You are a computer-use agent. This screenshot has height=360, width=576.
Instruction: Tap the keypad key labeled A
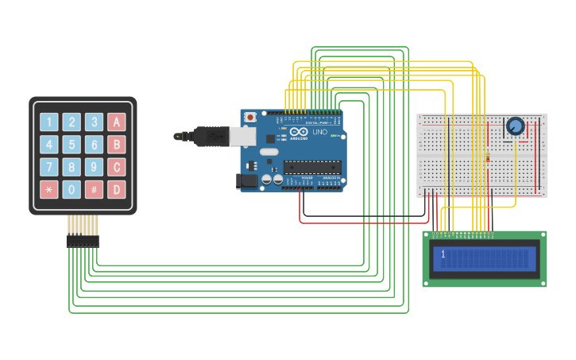tap(117, 122)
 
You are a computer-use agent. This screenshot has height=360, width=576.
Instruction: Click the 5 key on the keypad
tap(72, 145)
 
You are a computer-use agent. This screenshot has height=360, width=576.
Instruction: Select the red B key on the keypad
tap(117, 145)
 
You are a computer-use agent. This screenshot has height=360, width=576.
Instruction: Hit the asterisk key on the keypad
tap(49, 190)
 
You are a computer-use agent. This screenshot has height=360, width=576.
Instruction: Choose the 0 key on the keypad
tap(72, 190)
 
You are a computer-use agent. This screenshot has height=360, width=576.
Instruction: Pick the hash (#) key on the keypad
tap(94, 190)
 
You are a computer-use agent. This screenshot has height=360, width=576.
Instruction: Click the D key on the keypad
tap(117, 190)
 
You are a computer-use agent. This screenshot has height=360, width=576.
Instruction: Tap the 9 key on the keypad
tap(94, 168)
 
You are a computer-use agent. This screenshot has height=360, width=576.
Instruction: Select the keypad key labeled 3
tap(94, 122)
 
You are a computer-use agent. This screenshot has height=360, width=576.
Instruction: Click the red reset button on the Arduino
tap(250, 118)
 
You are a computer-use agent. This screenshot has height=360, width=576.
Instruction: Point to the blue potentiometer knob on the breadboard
tap(515, 126)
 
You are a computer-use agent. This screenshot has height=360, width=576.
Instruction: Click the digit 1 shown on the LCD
tap(443, 254)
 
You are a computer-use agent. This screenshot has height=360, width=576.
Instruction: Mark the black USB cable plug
tap(211, 136)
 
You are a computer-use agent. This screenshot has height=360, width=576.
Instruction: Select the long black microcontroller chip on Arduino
tap(312, 167)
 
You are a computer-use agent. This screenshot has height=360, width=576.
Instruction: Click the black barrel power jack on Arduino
tap(246, 181)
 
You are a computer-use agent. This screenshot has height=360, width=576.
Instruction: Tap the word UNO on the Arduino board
tap(319, 132)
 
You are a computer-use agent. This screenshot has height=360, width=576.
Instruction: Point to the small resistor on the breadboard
tap(487, 157)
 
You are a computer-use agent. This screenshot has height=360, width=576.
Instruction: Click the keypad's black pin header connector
tap(83, 241)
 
